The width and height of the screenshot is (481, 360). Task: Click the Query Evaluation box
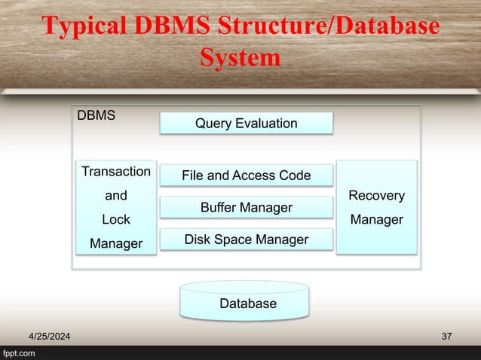pos(246,123)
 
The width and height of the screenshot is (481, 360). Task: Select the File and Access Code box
pos(246,175)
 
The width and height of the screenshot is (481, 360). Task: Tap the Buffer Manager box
pos(246,207)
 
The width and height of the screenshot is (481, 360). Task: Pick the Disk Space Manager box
pos(246,239)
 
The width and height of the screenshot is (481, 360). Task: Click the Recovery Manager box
pos(376,207)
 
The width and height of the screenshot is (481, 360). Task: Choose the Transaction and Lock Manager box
pos(115,207)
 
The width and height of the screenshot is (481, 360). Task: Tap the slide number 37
pos(446,335)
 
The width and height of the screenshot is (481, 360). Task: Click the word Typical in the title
pos(89,26)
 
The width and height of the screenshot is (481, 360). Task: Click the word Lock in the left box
pos(115,220)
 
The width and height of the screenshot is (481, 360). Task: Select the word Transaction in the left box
pos(115,172)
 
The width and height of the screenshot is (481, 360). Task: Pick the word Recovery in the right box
pos(376,196)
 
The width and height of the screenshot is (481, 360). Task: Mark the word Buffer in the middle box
pos(219,207)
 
